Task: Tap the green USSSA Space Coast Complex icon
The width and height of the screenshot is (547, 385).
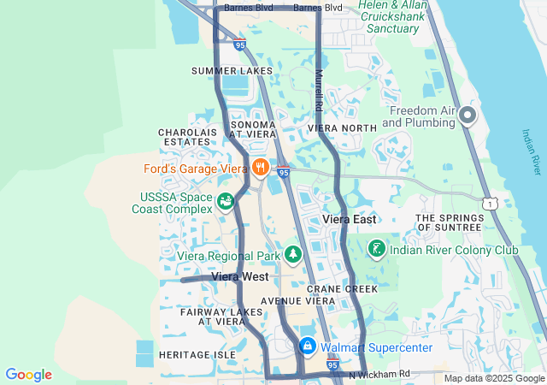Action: coord(226,202)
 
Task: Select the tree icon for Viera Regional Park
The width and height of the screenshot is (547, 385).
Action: coord(293,254)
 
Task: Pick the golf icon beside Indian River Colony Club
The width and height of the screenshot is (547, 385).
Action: coord(375,249)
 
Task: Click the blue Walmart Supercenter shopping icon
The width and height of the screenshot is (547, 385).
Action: coord(307,346)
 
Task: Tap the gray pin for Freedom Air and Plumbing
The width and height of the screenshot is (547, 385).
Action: coord(467,114)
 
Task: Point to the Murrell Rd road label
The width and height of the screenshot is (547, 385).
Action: coord(319,91)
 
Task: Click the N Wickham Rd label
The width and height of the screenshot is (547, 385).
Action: coord(379,374)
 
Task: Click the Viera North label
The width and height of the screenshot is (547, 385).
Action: coord(342,128)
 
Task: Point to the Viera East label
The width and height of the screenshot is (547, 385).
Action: coord(350,220)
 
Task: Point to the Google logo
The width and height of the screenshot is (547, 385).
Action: coord(28,375)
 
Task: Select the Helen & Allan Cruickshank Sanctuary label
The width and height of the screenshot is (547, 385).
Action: coord(394,16)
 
